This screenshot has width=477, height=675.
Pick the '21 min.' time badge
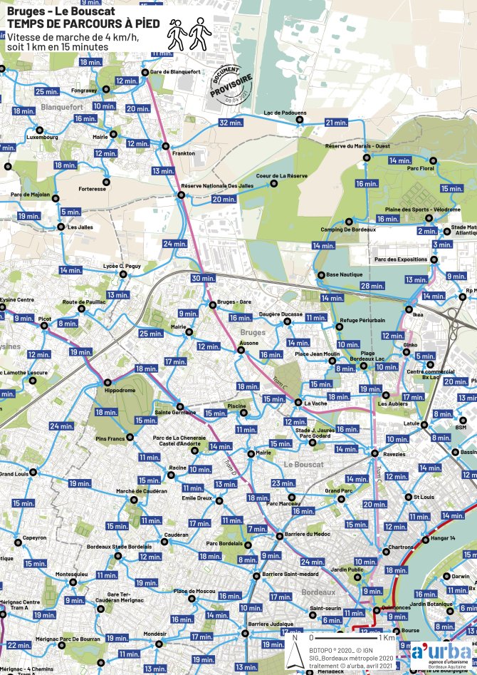click(x=336, y=123)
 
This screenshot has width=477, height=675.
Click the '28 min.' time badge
click(x=372, y=286)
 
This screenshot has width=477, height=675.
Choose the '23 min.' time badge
click(x=283, y=483)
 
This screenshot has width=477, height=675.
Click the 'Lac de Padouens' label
click(x=285, y=113)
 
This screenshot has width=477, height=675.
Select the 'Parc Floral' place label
click(x=420, y=169)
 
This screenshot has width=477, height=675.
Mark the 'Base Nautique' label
click(x=345, y=274)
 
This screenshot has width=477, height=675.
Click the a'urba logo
click(x=441, y=653)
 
